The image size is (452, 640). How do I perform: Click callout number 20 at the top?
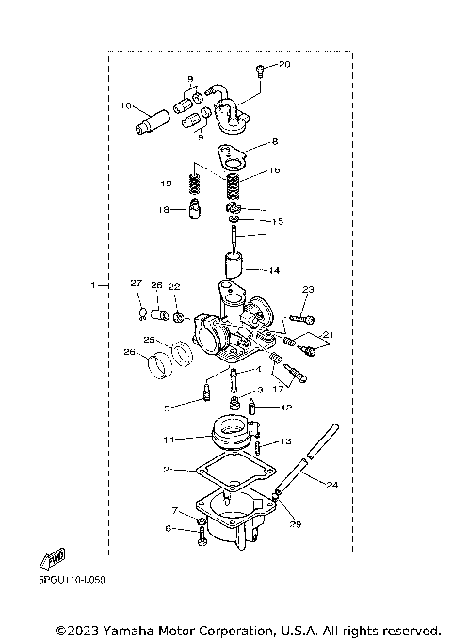[286, 64]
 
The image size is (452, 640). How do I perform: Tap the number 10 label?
[124, 106]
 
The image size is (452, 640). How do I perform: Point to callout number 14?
[274, 271]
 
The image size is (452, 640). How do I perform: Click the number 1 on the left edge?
[93, 284]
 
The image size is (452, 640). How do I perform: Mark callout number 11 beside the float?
[169, 439]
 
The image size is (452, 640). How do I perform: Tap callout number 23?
[307, 289]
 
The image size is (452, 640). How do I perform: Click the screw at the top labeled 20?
[260, 68]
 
